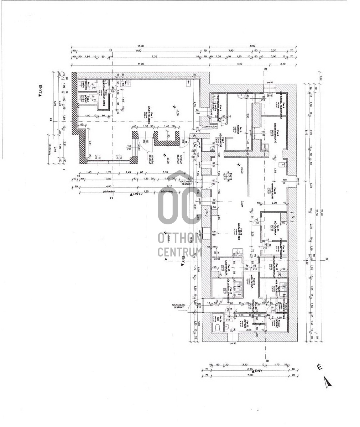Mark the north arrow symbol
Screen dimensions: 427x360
[x=327, y=382]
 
